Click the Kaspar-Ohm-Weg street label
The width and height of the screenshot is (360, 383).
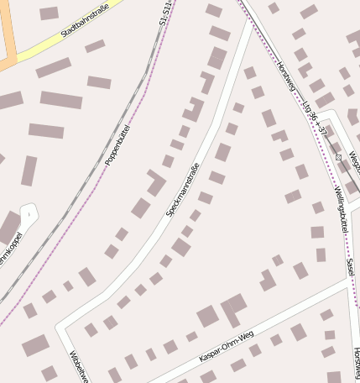[226, 347]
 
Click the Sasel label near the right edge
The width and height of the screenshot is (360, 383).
[350, 268]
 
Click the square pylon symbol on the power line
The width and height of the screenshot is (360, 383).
[338, 157]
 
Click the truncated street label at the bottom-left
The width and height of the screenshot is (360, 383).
[78, 366]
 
